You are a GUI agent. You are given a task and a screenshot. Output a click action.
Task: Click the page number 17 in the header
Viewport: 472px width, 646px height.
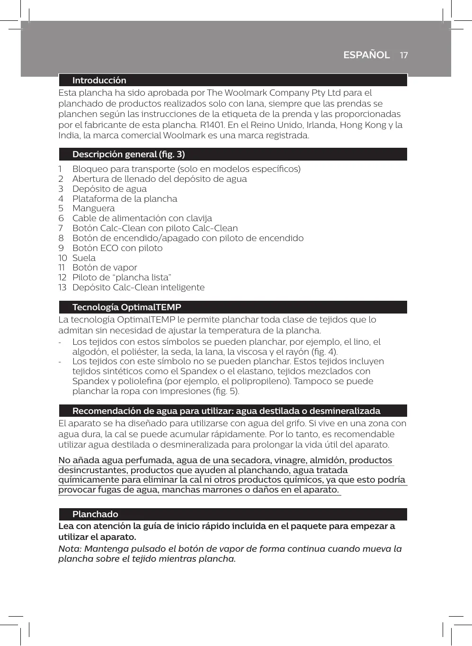(403, 55)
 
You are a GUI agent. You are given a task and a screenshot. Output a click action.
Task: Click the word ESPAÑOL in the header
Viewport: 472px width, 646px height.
(366, 55)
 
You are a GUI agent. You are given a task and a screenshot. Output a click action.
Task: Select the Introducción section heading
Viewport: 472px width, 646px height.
(99, 81)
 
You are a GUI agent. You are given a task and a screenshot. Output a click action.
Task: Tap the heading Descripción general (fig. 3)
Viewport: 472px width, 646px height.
(128, 154)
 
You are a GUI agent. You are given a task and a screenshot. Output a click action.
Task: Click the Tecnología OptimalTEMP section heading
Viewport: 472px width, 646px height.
(126, 307)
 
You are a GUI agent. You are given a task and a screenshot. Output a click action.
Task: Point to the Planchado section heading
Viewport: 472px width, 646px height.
(95, 514)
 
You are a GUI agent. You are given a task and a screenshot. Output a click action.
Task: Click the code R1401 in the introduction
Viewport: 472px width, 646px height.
(213, 125)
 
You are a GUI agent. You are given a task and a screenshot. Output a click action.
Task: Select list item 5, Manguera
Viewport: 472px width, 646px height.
(93, 208)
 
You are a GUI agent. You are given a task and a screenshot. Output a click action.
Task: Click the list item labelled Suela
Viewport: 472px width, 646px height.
(84, 258)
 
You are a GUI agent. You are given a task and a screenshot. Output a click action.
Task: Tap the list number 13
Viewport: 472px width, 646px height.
(62, 287)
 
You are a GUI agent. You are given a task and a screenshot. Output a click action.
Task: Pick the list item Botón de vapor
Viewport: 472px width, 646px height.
(105, 268)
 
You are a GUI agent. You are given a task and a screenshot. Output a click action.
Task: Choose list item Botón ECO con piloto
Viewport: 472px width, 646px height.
(117, 248)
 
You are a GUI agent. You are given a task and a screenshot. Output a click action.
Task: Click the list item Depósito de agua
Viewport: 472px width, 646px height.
(109, 189)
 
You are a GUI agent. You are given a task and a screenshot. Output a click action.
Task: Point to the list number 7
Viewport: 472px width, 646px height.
(61, 228)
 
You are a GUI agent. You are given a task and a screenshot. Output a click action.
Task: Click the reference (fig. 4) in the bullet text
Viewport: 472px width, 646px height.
(325, 352)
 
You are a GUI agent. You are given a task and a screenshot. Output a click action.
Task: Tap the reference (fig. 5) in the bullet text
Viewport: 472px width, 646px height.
(226, 391)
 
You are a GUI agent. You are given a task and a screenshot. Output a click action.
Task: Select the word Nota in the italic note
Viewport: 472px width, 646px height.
(69, 549)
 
